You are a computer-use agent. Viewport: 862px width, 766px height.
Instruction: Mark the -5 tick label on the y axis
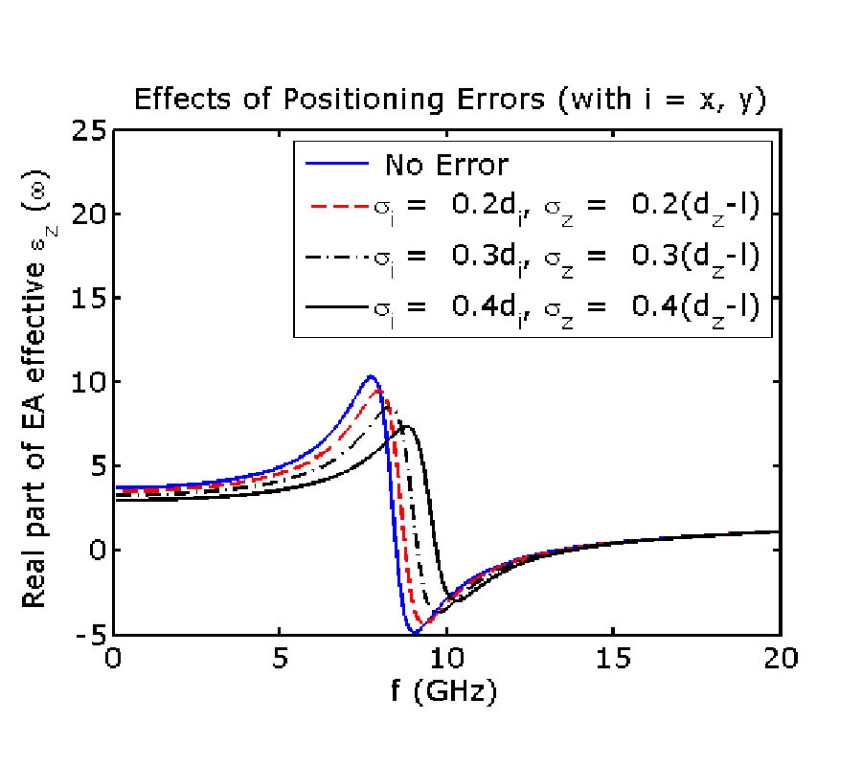coord(84,635)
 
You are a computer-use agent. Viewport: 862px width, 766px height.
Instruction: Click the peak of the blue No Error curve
coord(371,376)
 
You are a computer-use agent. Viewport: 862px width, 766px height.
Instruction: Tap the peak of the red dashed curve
coord(379,391)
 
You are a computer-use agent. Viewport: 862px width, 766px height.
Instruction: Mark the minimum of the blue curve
coord(414,633)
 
